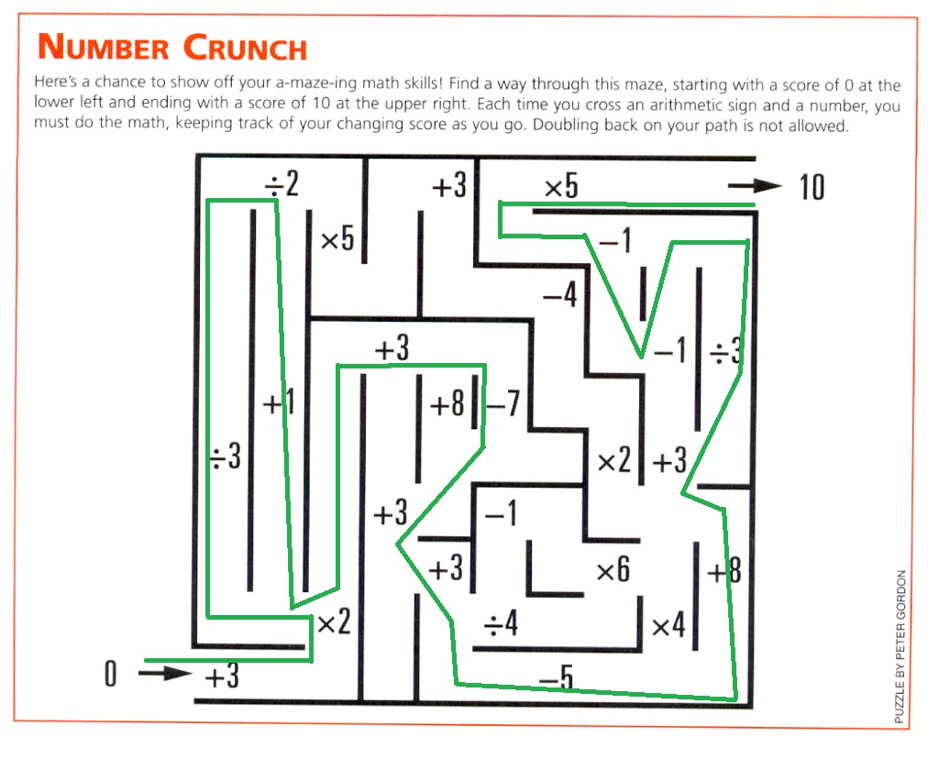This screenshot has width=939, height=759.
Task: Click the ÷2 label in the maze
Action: click(x=282, y=183)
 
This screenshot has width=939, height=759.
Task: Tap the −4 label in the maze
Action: click(x=560, y=294)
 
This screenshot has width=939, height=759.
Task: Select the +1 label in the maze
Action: click(x=279, y=402)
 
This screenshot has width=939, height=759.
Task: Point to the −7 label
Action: click(x=503, y=403)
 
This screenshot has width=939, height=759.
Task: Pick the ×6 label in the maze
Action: click(x=613, y=569)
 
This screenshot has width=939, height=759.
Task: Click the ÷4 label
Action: click(x=501, y=623)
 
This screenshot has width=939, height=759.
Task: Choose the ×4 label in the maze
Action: click(x=668, y=626)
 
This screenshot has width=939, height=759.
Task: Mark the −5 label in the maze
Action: click(x=557, y=677)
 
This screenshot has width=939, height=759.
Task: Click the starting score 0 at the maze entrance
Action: click(x=110, y=674)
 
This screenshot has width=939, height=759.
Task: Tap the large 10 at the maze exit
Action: click(x=812, y=187)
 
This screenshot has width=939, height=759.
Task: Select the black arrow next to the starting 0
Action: click(x=165, y=674)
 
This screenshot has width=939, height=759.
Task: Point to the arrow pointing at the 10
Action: click(x=756, y=185)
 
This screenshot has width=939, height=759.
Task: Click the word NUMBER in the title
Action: click(x=104, y=47)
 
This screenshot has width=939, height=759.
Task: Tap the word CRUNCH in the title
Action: click(x=245, y=48)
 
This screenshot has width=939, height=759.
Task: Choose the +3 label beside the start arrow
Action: click(x=222, y=677)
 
